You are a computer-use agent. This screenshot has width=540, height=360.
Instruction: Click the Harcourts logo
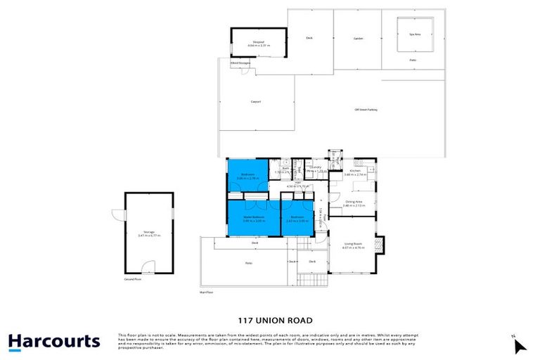click(54, 342)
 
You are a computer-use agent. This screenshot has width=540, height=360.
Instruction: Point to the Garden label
click(357, 39)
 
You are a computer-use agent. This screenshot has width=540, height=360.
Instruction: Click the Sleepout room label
click(258, 44)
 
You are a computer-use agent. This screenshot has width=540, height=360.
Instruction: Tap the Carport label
click(256, 102)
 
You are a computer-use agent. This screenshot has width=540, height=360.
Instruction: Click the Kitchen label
click(355, 171)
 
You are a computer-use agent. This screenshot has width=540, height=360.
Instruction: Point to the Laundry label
click(315, 167)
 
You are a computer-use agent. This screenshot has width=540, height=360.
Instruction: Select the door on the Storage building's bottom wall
click(146, 269)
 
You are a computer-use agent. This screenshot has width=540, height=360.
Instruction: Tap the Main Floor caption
click(206, 291)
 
